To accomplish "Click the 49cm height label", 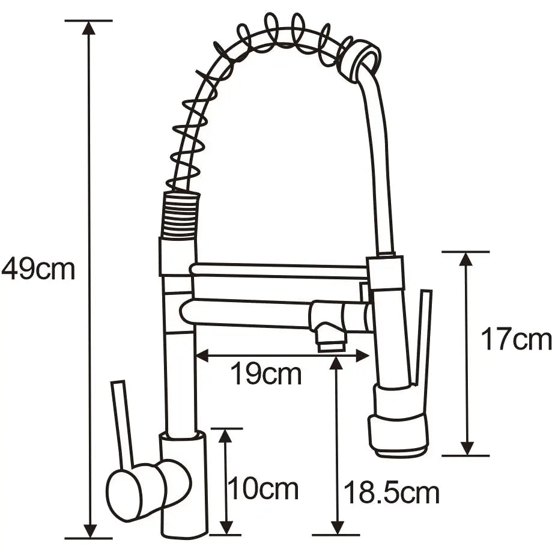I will (x=38, y=269).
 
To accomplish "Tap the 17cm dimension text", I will (x=515, y=340).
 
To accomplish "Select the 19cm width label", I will (x=266, y=375).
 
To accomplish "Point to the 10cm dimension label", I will (x=262, y=489).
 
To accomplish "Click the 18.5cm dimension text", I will (x=391, y=493).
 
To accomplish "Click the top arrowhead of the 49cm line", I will (x=89, y=28).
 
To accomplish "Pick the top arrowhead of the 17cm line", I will (x=467, y=259).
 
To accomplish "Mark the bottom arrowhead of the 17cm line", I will (x=467, y=448).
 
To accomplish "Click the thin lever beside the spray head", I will (x=422, y=336).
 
